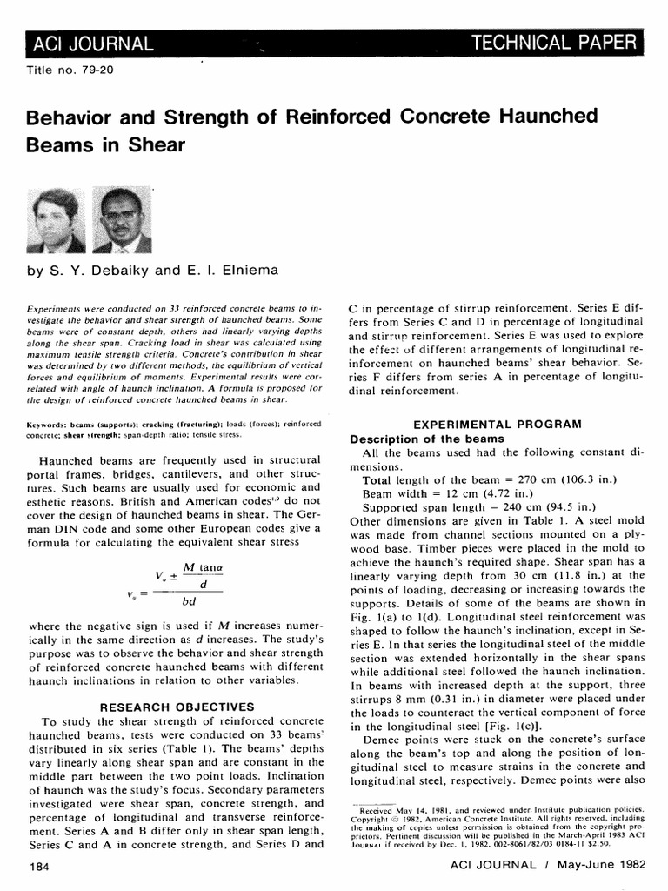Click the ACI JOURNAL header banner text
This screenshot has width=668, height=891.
pyautogui.click(x=92, y=43)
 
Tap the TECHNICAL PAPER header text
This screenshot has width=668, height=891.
pyautogui.click(x=553, y=42)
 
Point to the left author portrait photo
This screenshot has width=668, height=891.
pyautogui.click(x=57, y=220)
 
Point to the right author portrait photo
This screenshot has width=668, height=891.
pyautogui.click(x=121, y=220)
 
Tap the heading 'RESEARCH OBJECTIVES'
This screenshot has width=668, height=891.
pyautogui.click(x=177, y=707)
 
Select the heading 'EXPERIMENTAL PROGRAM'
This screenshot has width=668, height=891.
pyautogui.click(x=497, y=424)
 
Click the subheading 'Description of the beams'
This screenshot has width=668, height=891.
pyautogui.click(x=426, y=439)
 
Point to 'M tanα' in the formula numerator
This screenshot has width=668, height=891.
pyautogui.click(x=203, y=567)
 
